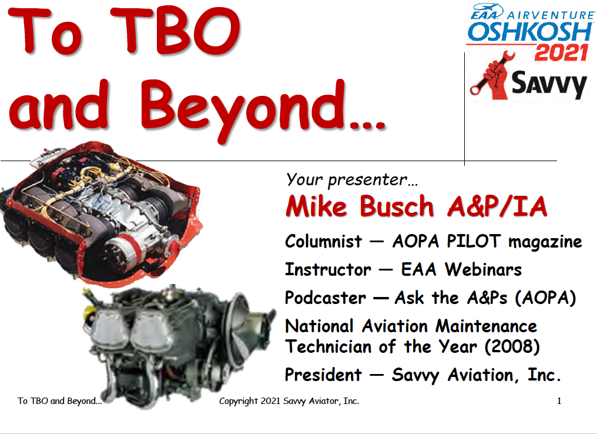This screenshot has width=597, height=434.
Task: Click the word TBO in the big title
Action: click(176, 30)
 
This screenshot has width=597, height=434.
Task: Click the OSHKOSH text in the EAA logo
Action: click(530, 32)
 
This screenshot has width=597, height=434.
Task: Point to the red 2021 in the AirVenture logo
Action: click(561, 52)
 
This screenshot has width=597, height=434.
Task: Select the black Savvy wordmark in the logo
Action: click(549, 84)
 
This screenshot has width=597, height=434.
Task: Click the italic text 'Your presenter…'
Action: click(352, 179)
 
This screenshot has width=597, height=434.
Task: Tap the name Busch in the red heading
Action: click(397, 206)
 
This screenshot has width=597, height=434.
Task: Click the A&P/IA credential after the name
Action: click(497, 206)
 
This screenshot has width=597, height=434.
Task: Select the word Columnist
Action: click(324, 242)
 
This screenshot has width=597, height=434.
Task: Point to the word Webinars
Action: click(484, 270)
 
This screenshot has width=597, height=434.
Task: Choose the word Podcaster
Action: click(326, 298)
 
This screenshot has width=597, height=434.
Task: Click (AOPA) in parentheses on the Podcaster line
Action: click(546, 298)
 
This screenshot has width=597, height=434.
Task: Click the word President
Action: click(324, 375)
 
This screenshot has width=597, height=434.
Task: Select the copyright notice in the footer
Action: click(289, 401)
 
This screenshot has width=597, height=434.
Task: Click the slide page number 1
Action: click(559, 401)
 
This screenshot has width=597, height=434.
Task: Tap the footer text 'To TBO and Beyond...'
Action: click(60, 401)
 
